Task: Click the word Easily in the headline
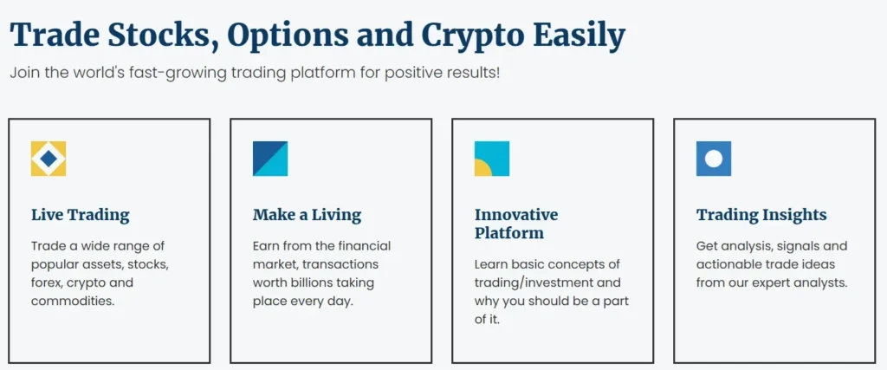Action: click(x=578, y=36)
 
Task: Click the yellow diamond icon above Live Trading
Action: click(x=49, y=159)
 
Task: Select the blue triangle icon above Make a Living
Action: click(x=270, y=159)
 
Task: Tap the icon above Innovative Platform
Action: click(x=492, y=159)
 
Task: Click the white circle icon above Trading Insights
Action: click(x=714, y=159)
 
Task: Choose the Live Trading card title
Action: click(x=80, y=215)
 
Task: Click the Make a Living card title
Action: click(x=307, y=215)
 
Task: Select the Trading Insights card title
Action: click(x=761, y=215)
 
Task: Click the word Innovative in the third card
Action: click(x=516, y=215)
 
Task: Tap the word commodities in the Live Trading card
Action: click(x=73, y=301)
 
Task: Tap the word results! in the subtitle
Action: click(x=474, y=72)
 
